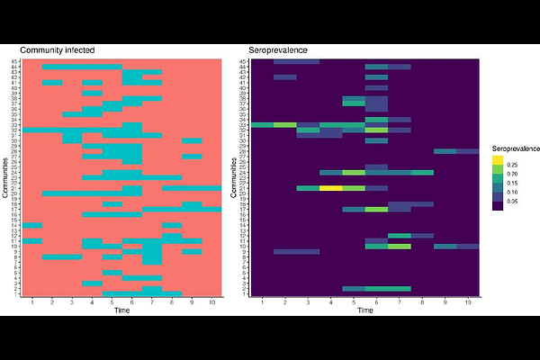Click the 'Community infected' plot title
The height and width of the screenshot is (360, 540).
[58, 49]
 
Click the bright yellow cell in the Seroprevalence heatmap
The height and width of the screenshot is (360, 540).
[330, 187]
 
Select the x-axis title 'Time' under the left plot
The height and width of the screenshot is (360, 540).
[121, 310]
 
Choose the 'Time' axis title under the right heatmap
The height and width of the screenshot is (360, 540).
[364, 310]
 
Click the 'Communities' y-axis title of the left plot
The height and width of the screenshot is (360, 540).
[6, 177]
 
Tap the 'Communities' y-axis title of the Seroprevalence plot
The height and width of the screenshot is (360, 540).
[236, 177]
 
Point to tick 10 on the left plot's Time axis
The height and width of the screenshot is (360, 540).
[212, 302]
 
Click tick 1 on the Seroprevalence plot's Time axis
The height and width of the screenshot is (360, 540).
[262, 302]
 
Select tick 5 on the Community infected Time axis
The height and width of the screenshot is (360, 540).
[112, 302]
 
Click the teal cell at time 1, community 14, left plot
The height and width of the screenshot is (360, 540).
[32, 225]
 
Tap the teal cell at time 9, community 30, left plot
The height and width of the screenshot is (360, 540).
[192, 140]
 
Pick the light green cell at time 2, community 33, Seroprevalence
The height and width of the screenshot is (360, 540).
[284, 124]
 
